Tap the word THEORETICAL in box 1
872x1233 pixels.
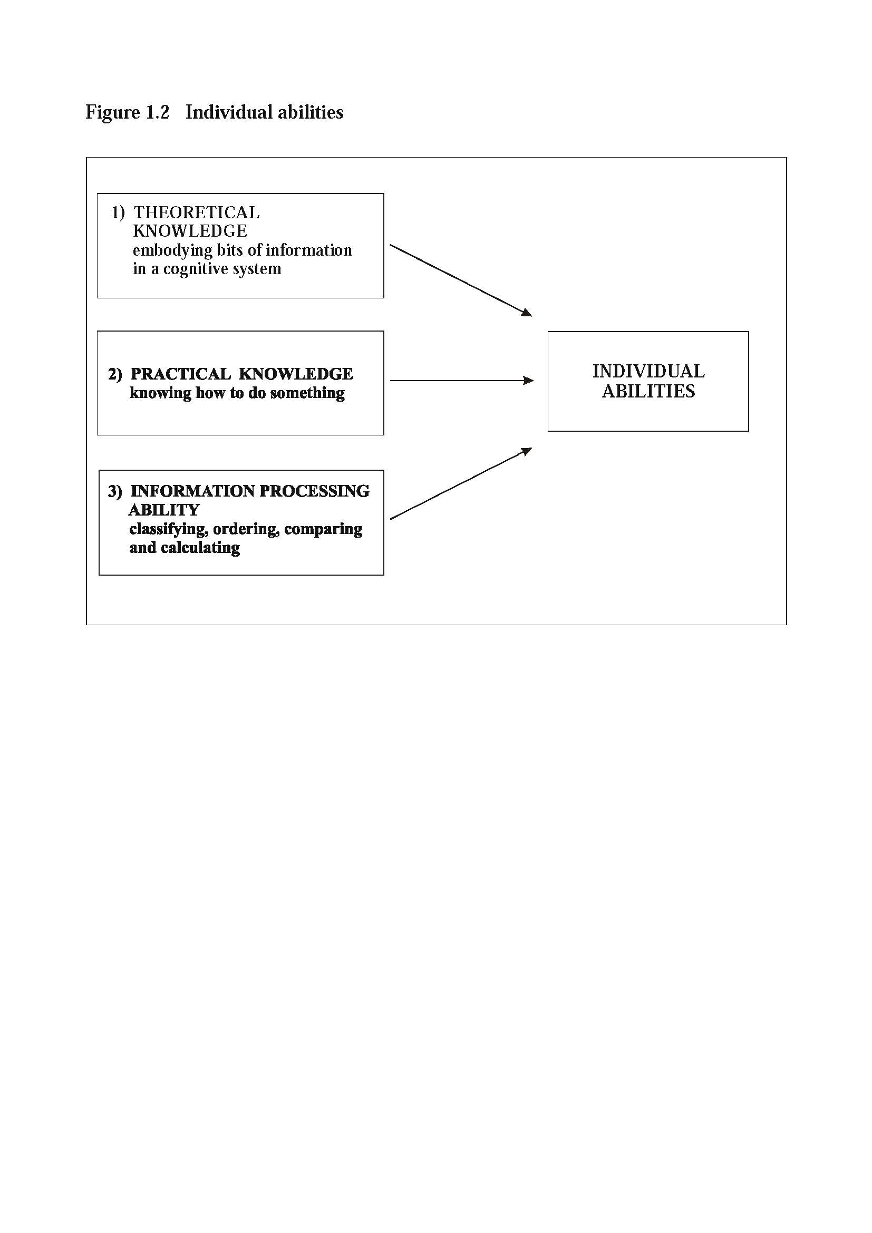coord(197,212)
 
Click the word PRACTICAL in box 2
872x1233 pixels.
coord(180,374)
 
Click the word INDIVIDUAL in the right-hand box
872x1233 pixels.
coord(648,371)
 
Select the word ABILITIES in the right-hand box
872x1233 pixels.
coord(648,391)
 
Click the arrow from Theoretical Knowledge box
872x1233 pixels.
coord(461,280)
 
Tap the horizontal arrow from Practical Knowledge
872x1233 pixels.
coord(462,381)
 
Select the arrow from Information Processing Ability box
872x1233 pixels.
coord(461,483)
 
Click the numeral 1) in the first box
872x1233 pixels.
coord(118,213)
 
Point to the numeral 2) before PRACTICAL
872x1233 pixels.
coord(115,374)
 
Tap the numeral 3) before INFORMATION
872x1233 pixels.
coord(115,491)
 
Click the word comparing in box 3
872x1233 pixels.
coord(323,529)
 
